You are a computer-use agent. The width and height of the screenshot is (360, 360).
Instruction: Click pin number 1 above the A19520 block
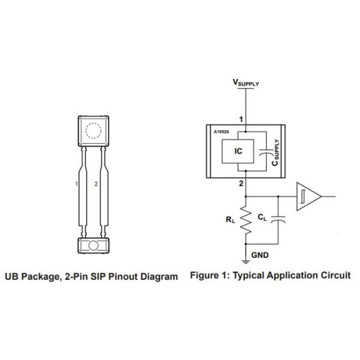pyautogui.click(x=241, y=119)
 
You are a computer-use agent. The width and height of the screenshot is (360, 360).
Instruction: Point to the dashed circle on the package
pyautogui.click(x=92, y=130)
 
